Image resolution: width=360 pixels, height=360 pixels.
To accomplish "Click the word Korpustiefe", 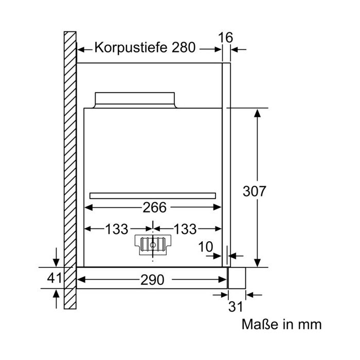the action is click(131, 48).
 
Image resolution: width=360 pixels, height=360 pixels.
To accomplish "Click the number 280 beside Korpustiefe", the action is click(184, 47).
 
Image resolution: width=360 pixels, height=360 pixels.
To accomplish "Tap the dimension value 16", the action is click(225, 38).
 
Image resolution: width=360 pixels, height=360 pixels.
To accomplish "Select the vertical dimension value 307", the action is click(254, 191).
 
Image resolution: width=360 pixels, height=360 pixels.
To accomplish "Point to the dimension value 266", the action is click(154, 207).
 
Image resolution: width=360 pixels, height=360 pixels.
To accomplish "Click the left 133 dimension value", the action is click(116, 229).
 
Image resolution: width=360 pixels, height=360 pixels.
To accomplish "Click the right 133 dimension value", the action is click(185, 229).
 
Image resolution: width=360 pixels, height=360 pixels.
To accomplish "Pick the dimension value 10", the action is click(206, 247).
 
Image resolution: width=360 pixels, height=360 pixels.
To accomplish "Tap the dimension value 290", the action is click(152, 280).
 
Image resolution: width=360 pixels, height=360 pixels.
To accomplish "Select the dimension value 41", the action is click(55, 278).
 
